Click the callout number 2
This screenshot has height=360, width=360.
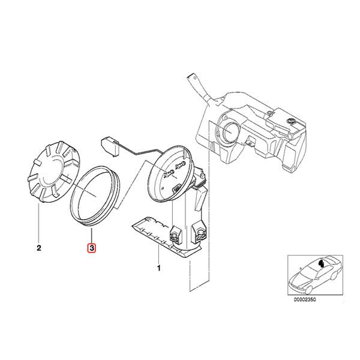(x=39, y=247)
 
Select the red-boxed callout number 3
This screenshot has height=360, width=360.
(x=91, y=247)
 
